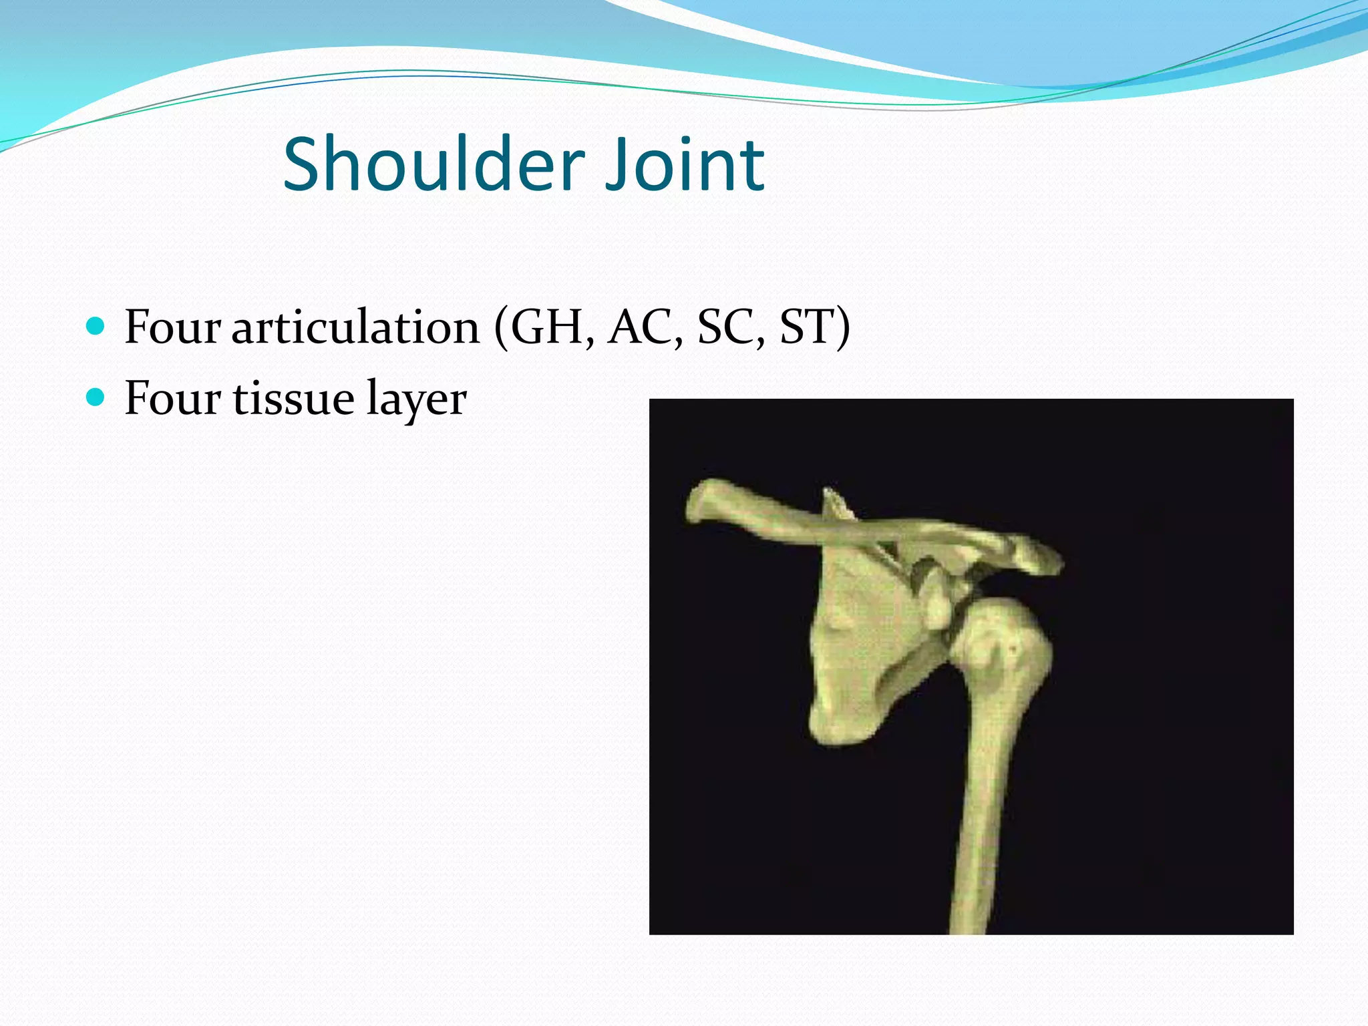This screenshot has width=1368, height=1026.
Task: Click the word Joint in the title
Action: [x=684, y=164]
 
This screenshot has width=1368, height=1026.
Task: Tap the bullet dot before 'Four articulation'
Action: [x=96, y=327]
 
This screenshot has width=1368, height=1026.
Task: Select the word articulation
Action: [x=355, y=327]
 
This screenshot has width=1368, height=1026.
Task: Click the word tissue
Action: [x=293, y=399]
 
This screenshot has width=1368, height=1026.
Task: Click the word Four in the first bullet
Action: [x=172, y=327]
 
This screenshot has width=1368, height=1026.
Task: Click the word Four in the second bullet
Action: [x=172, y=399]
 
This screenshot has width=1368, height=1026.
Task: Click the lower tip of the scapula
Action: [x=835, y=728]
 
